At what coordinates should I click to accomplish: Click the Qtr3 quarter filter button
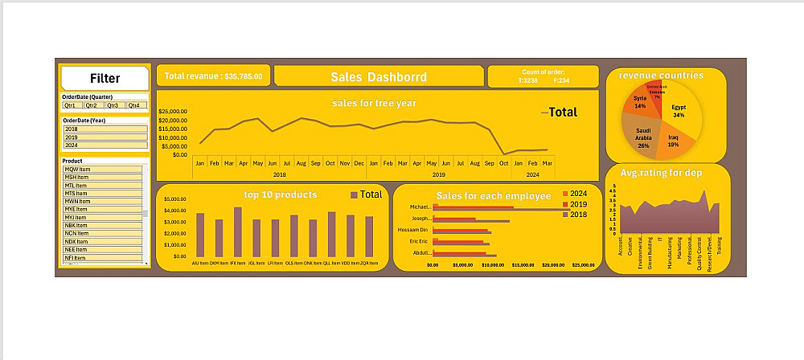[x=115, y=105]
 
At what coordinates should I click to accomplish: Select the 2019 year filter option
[x=105, y=137]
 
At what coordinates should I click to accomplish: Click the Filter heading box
[x=105, y=78]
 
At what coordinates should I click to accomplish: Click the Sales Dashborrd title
[x=379, y=77]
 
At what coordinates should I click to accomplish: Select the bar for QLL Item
[x=331, y=234]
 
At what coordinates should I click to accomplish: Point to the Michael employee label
[x=420, y=207]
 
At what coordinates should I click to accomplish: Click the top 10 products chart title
[x=280, y=194]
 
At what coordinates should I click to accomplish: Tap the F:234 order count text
[x=561, y=80]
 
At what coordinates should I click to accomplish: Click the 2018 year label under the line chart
[x=279, y=174]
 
